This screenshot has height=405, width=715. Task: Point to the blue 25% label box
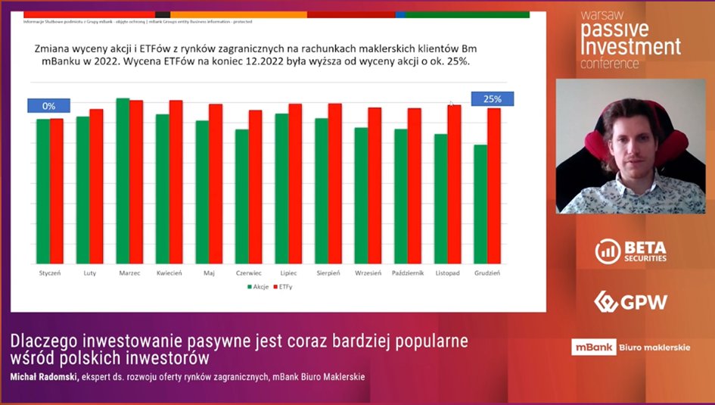[493, 99]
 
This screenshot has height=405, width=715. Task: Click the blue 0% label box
[49, 106]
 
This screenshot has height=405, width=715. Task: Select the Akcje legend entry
[258, 287]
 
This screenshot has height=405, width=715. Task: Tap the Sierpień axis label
[328, 272]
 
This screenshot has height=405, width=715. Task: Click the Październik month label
[408, 272]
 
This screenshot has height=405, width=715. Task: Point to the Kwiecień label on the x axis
[169, 272]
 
